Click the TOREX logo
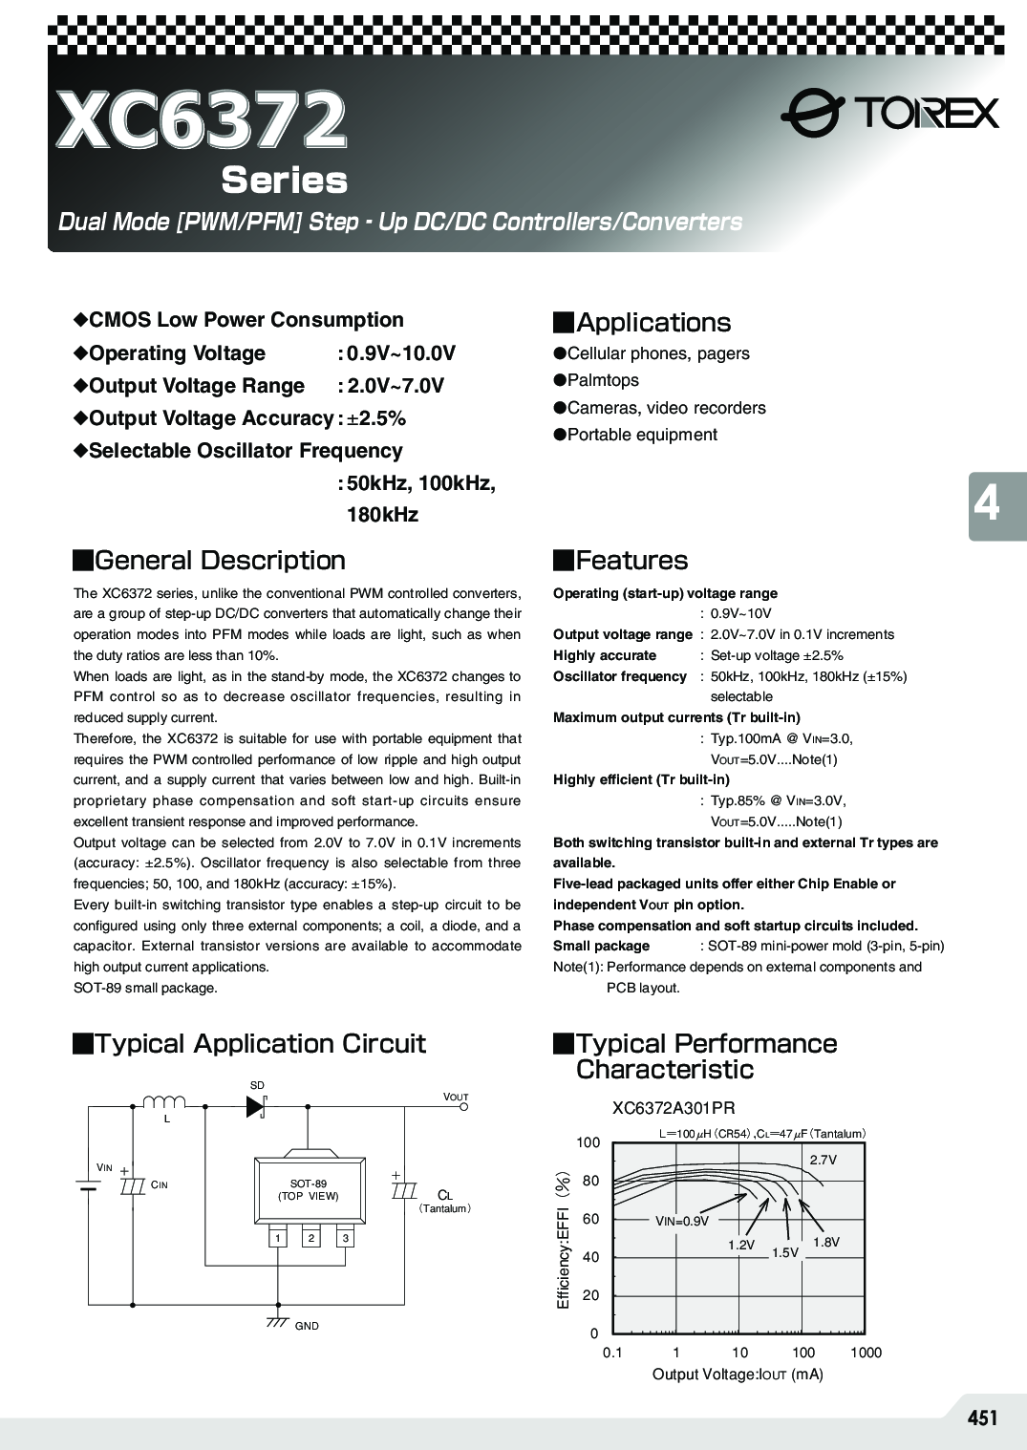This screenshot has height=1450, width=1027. click(x=889, y=114)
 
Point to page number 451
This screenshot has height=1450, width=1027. click(x=982, y=1418)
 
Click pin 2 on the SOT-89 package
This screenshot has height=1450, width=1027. click(x=310, y=1238)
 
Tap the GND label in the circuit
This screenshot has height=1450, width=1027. click(x=307, y=1326)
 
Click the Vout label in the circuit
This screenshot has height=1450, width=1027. click(x=456, y=1097)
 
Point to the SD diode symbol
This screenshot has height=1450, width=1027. click(x=256, y=1106)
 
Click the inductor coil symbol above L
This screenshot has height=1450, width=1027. click(x=164, y=1102)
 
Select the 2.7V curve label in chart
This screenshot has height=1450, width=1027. click(x=823, y=1160)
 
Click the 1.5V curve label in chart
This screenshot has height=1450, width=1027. click(x=785, y=1252)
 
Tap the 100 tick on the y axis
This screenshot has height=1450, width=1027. click(x=588, y=1142)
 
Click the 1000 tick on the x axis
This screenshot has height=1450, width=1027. click(x=866, y=1353)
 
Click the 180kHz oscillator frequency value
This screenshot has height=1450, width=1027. click(x=382, y=515)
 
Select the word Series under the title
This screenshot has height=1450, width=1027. click(x=284, y=181)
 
